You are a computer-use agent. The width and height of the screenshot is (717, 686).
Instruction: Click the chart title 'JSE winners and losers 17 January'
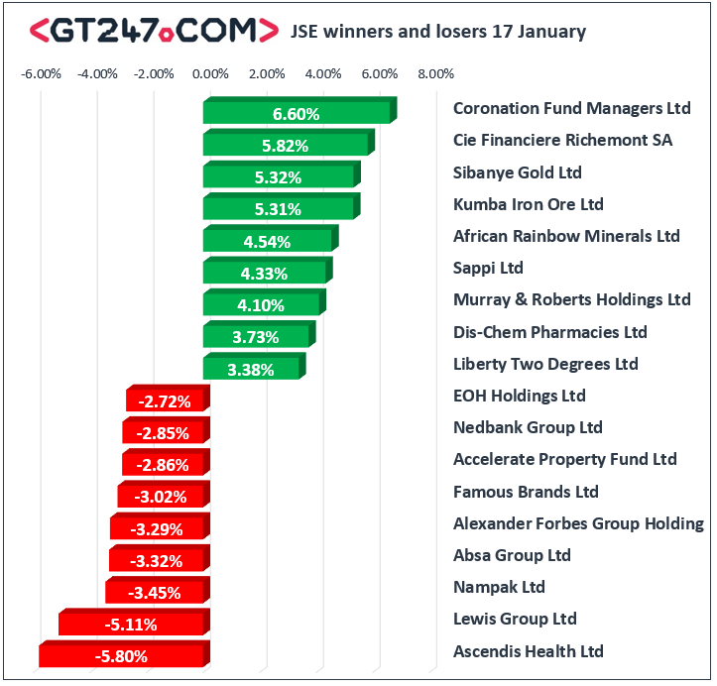pos(437,32)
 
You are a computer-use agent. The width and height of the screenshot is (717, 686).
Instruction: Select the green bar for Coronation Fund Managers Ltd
pos(297,113)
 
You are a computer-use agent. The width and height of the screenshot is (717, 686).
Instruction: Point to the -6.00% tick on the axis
pos(42,73)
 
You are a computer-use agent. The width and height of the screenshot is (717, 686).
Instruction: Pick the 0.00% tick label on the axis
pos(209,73)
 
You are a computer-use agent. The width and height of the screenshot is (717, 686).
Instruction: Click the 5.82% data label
pos(285,146)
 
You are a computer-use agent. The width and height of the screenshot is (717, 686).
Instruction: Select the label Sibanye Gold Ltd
pos(517,172)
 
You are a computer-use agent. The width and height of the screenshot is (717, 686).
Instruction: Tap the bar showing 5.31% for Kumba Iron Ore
pos(279,208)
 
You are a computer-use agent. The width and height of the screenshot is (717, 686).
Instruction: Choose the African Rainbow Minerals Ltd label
pos(566,236)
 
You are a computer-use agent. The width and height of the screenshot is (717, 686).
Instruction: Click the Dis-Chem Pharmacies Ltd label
pos(549,332)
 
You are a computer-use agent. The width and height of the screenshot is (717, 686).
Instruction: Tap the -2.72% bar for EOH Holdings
pos(167,400)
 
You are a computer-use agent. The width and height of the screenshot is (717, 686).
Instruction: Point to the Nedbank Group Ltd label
pos(528,427)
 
